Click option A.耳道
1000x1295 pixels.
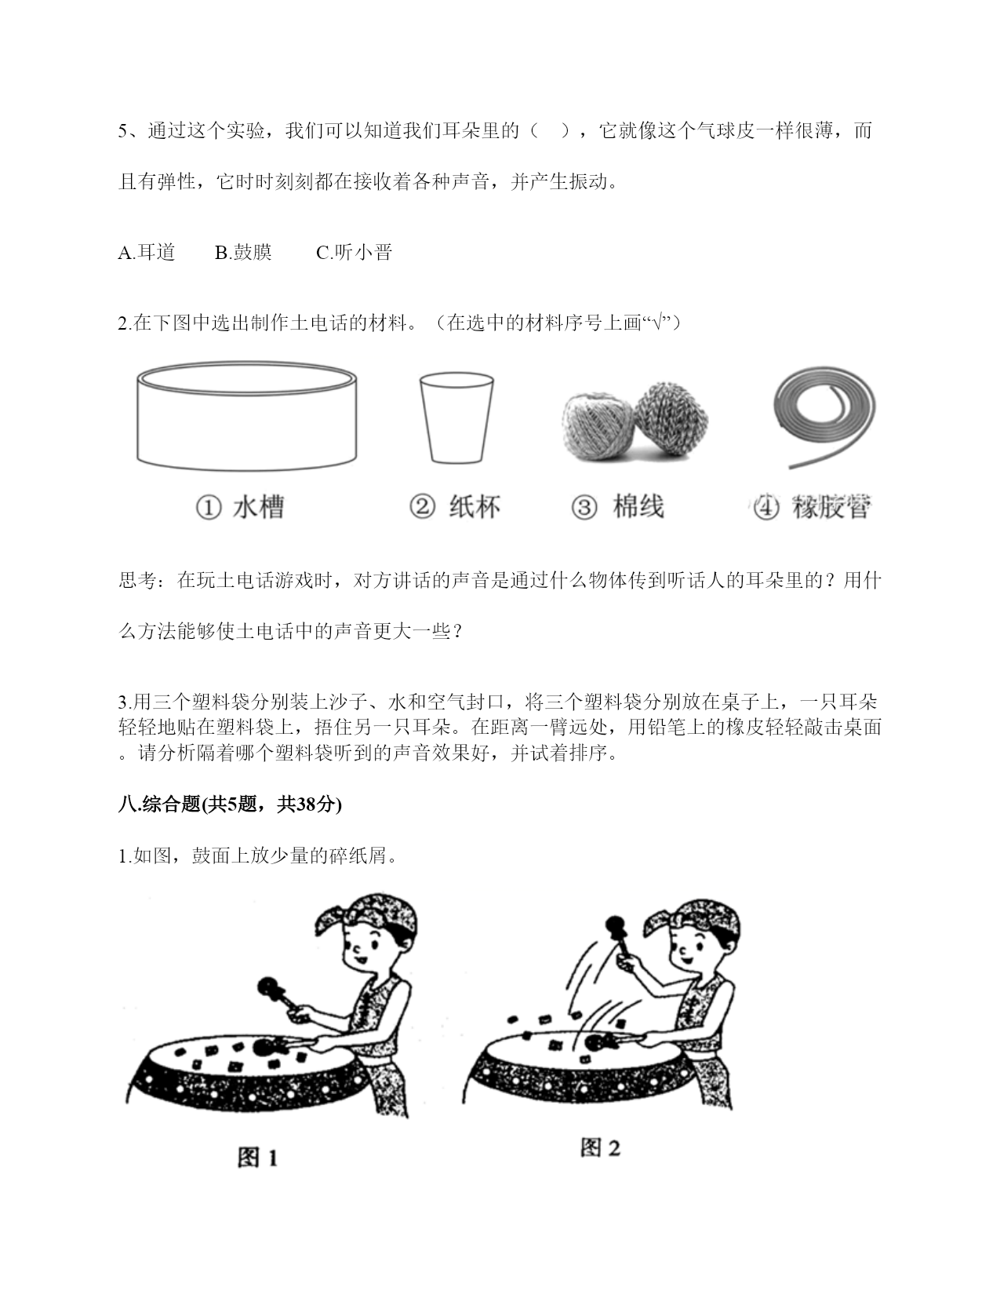[x=147, y=252]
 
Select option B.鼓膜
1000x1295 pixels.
[x=243, y=252]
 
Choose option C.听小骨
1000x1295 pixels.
[x=355, y=252]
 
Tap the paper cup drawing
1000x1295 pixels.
[x=456, y=418]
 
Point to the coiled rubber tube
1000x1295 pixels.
[x=825, y=418]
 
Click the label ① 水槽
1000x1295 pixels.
[x=240, y=507]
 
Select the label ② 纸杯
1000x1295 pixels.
[x=455, y=506]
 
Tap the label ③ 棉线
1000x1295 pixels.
[x=617, y=506]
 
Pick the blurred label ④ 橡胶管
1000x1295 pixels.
[x=811, y=507]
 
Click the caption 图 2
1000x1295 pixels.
[x=600, y=1147]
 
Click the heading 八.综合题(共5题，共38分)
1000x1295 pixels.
[x=230, y=804]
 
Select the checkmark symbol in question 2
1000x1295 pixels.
[x=657, y=323]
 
